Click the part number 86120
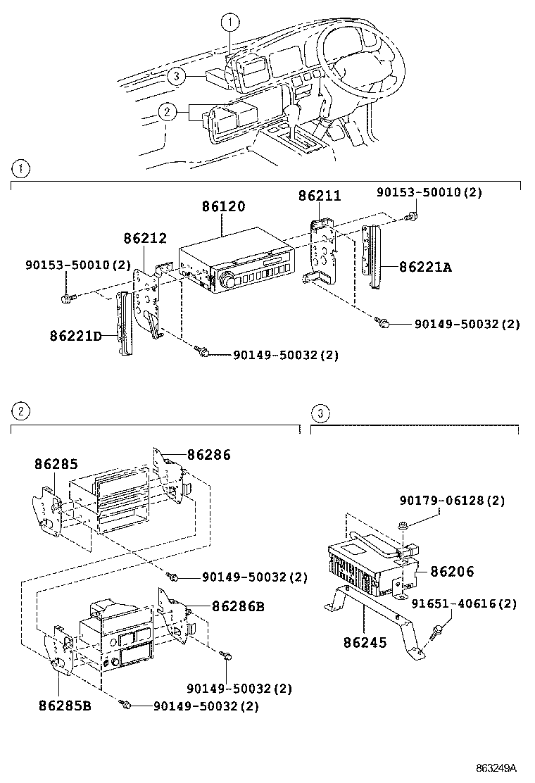tap(223, 207)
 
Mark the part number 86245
tap(365, 642)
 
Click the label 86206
tap(452, 572)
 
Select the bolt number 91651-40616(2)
tap(465, 603)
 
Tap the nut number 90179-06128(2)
tap(452, 501)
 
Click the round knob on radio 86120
tap(228, 280)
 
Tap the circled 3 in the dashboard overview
tap(176, 76)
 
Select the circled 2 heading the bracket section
tap(21, 411)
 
